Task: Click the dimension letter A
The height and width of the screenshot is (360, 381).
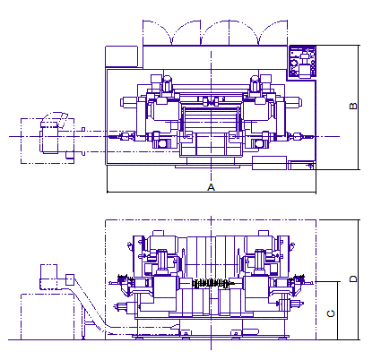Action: (x=211, y=187)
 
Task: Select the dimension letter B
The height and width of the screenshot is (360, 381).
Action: (x=353, y=106)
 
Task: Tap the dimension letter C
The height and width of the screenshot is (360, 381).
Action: (x=331, y=313)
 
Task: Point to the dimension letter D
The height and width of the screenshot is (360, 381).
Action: (x=353, y=279)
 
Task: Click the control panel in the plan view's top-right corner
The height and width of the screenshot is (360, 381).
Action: (x=303, y=62)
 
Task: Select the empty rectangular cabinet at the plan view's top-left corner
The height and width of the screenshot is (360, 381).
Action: (x=122, y=56)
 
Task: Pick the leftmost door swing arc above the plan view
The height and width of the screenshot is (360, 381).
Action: (x=158, y=33)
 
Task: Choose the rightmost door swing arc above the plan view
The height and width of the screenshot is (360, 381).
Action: (x=273, y=33)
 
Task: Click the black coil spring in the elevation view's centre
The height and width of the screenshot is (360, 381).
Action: (x=212, y=283)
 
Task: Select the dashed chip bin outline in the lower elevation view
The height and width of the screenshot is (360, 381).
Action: (x=48, y=317)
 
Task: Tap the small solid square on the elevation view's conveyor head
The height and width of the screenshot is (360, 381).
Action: (x=70, y=279)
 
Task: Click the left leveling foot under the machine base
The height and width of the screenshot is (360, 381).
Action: (x=186, y=333)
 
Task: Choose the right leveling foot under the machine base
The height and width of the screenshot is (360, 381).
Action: (x=236, y=333)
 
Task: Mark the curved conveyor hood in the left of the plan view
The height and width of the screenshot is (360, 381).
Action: (x=55, y=119)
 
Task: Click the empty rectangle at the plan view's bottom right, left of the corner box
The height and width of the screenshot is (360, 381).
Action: (x=269, y=163)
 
